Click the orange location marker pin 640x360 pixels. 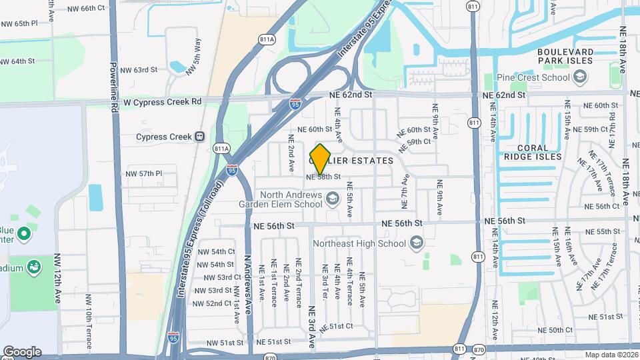click(320, 159)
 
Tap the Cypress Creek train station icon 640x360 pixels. click(199, 137)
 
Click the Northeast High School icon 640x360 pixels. click(417, 241)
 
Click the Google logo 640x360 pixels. click(22, 351)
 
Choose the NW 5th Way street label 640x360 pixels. click(196, 52)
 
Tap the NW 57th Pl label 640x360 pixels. click(143, 173)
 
